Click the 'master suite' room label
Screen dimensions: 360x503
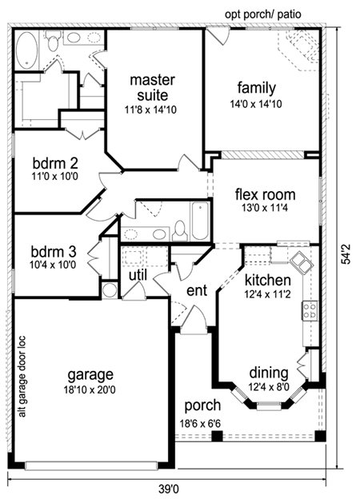coord(153,88)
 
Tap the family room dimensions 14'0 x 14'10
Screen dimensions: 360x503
coord(256,104)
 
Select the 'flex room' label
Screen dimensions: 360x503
coord(265,194)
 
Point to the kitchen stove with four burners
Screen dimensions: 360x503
coord(310,310)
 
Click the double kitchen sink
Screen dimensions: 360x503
coord(302,263)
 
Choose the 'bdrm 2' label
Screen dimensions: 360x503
coord(55,164)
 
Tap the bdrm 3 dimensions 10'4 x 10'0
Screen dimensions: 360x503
coord(54,265)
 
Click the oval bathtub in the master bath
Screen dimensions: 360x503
coord(27,50)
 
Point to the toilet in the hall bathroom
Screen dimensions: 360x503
coord(180,230)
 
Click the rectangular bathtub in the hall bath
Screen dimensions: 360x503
coord(200,221)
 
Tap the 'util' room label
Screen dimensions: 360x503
coord(138,275)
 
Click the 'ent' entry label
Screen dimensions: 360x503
coord(197,290)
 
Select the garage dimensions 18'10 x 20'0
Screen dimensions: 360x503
coord(90,389)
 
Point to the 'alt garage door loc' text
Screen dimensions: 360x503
coord(22,377)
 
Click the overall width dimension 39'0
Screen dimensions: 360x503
coord(169,490)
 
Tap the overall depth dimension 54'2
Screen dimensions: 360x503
coord(346,254)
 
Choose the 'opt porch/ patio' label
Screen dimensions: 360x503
coord(262,14)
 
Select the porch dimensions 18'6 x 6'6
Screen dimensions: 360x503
coord(200,424)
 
